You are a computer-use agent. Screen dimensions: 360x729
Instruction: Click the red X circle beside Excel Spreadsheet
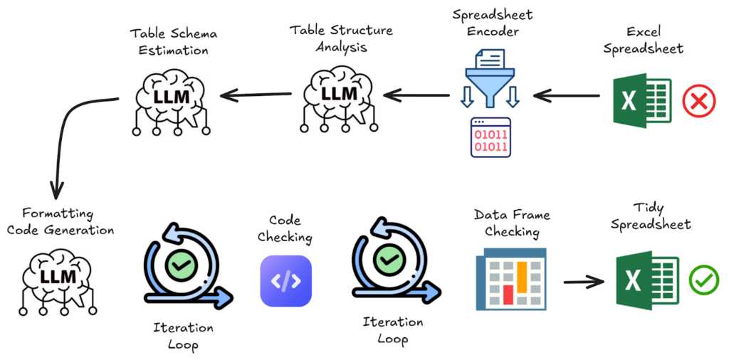coord(699,101)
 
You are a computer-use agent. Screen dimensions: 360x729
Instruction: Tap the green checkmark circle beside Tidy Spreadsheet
coord(703,280)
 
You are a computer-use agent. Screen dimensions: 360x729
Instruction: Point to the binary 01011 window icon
coord(491,137)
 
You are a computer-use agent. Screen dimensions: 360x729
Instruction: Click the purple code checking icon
coord(285,281)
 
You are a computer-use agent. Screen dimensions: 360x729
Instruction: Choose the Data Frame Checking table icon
coord(510,278)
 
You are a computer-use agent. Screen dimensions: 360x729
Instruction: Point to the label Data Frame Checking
coord(512,223)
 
